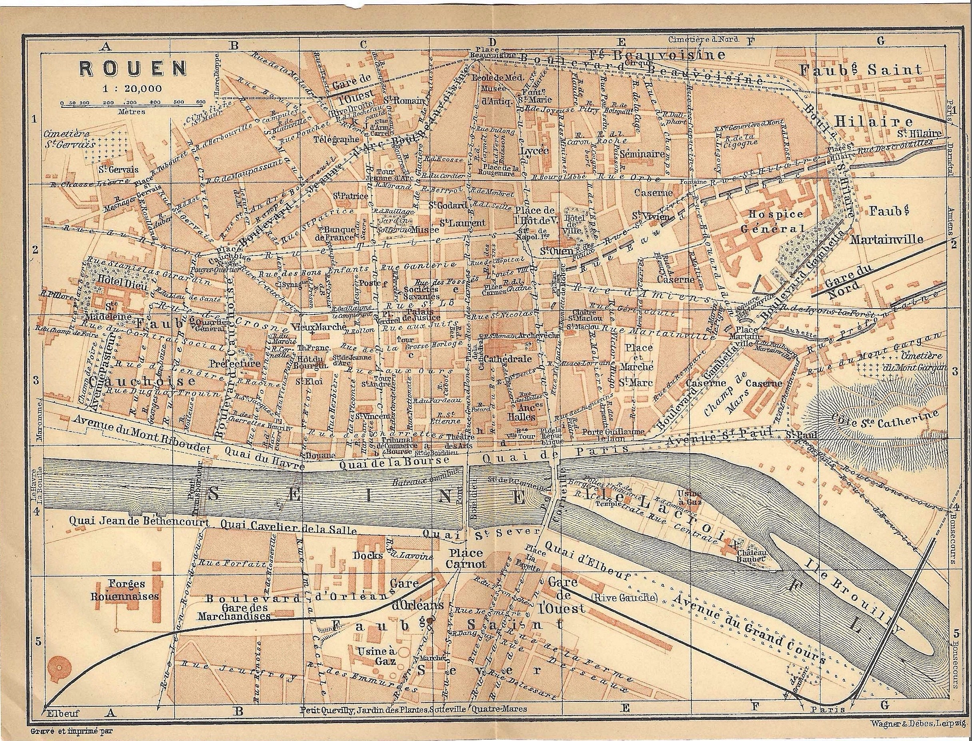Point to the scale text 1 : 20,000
[x=132, y=88]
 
